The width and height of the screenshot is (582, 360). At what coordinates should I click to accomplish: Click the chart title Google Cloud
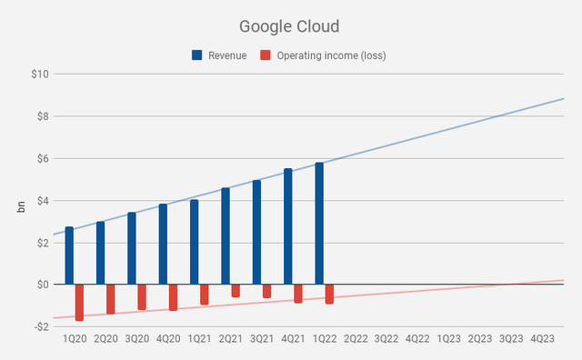coord(290,26)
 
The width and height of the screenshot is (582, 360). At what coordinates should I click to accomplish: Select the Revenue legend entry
coord(219,55)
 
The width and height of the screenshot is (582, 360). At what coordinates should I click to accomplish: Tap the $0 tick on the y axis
coord(39,285)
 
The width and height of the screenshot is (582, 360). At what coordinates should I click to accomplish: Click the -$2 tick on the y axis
coord(37,326)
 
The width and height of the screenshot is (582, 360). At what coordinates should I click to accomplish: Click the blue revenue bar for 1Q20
coord(69,255)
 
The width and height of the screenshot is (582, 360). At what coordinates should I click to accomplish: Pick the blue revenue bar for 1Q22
coord(319,224)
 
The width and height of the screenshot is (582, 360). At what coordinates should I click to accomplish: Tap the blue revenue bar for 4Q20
coord(163,244)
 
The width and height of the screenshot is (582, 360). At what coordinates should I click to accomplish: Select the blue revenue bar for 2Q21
coord(226,235)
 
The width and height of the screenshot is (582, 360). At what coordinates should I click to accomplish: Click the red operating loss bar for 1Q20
coord(80,303)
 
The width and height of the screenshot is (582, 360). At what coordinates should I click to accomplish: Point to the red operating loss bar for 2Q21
coord(236,291)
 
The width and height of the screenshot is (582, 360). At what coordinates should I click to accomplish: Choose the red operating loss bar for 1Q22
coord(329,294)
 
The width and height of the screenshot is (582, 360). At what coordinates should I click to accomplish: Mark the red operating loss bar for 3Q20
coord(142,297)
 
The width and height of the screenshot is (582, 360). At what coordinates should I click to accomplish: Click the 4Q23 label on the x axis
coord(543,339)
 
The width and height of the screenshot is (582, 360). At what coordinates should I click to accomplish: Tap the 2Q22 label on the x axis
coord(356,339)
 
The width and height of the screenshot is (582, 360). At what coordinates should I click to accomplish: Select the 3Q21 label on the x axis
coord(262,339)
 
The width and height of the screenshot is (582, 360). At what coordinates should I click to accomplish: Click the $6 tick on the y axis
coord(39,158)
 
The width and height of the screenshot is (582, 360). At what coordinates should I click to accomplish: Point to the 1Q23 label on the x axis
coord(449,339)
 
